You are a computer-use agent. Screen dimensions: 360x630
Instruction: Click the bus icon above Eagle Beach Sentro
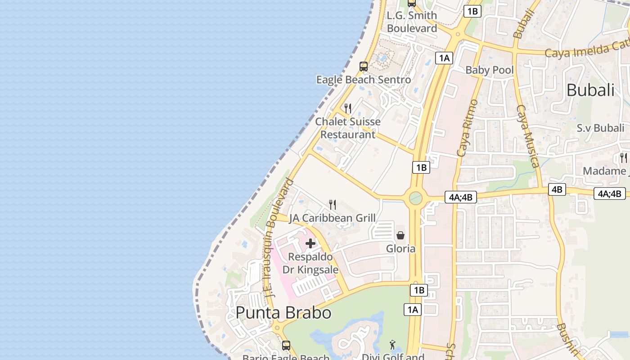(x=364, y=67)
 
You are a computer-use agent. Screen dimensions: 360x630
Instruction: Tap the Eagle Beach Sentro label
(x=364, y=80)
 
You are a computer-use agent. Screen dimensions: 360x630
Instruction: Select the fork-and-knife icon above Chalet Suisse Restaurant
(x=347, y=108)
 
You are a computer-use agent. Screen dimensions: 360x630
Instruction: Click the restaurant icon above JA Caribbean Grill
(x=333, y=205)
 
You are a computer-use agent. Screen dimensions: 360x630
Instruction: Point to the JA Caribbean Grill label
(x=333, y=218)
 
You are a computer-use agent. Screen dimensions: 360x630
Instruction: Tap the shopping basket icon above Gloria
(x=400, y=235)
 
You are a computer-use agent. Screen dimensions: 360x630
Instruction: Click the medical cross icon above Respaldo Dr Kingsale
(x=310, y=243)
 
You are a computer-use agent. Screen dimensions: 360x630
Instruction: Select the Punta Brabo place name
(x=283, y=313)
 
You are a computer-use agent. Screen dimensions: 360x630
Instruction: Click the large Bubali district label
(x=590, y=90)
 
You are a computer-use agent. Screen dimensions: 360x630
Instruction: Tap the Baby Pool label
(x=490, y=70)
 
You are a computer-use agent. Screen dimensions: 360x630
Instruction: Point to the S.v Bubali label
(x=601, y=128)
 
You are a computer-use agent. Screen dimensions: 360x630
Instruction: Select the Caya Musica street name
(x=527, y=136)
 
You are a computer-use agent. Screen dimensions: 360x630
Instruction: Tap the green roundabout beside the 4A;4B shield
(x=415, y=198)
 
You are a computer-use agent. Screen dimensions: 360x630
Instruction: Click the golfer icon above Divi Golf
(x=393, y=345)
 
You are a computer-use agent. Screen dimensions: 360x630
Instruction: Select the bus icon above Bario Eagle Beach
(x=286, y=346)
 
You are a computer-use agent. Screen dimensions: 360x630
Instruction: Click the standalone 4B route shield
(x=557, y=189)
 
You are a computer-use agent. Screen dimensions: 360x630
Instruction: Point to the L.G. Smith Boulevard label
(x=412, y=22)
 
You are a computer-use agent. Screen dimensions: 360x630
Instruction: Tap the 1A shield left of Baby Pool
(x=444, y=58)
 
